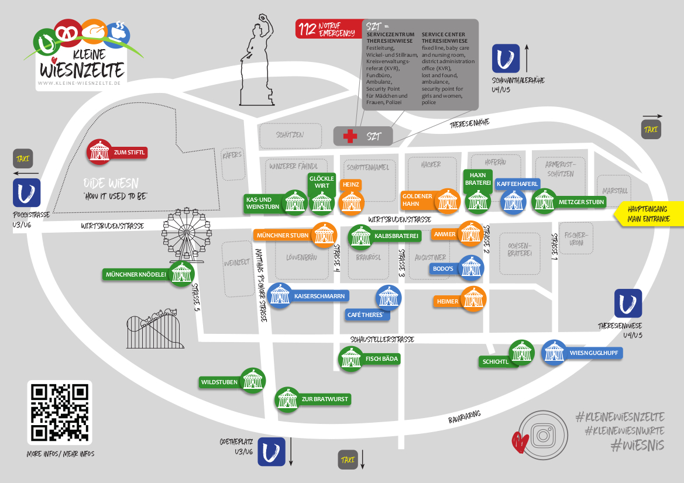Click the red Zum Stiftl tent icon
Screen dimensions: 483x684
(100, 152)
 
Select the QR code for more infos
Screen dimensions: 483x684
(59, 412)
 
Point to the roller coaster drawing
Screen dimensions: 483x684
(154, 330)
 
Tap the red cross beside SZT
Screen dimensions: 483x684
(350, 136)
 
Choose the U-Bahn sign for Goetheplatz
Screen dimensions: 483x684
(271, 451)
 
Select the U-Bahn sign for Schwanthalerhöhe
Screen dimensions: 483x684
(506, 58)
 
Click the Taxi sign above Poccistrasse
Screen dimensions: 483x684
(23, 158)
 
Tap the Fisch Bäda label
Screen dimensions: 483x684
(381, 358)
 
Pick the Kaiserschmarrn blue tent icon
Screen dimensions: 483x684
(281, 296)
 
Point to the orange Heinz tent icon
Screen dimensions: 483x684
(352, 202)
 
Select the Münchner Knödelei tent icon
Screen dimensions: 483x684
(181, 274)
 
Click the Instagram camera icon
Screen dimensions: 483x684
(542, 434)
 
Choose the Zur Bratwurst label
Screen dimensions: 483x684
(325, 399)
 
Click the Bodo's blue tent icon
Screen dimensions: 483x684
(472, 268)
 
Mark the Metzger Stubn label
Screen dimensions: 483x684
(581, 202)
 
